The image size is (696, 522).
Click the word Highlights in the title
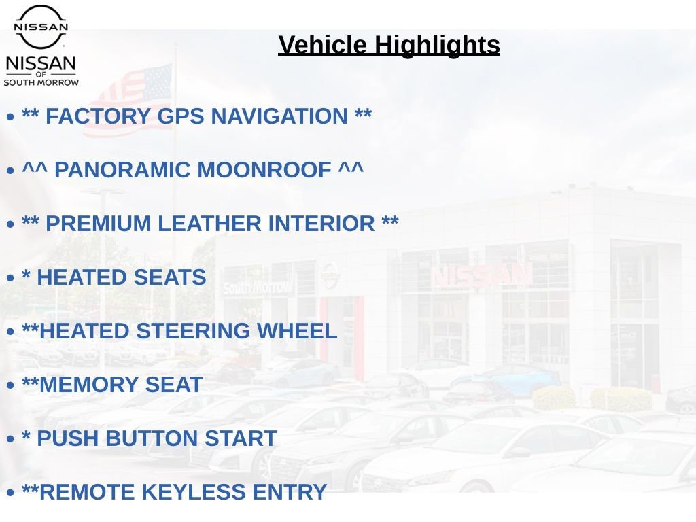pyautogui.click(x=437, y=46)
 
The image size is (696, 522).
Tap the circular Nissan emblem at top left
pyautogui.click(x=41, y=27)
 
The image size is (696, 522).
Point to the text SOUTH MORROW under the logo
pyautogui.click(x=41, y=82)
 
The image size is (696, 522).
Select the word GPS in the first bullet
pyautogui.click(x=180, y=116)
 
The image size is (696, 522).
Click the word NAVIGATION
pyautogui.click(x=279, y=116)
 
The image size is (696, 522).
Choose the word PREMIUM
pyautogui.click(x=95, y=224)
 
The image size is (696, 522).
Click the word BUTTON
pyautogui.click(x=154, y=438)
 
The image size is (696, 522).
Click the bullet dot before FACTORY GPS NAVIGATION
pyautogui.click(x=10, y=118)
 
